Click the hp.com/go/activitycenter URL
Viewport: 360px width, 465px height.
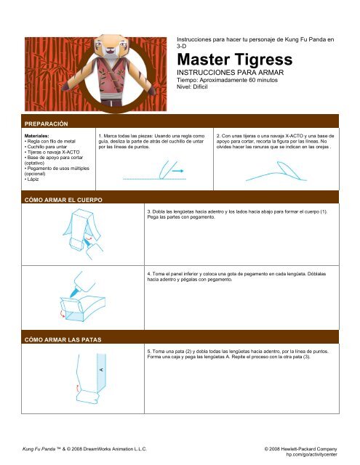coord(312,457)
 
